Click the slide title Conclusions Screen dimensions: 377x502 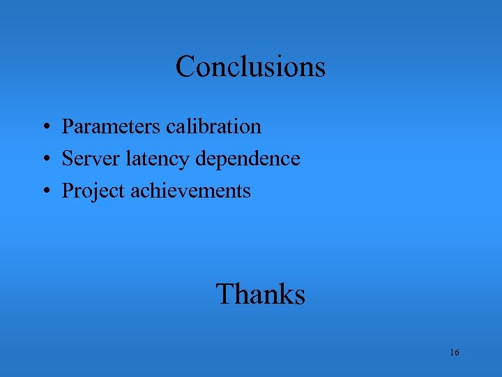pos(250,67)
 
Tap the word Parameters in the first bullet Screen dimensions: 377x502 pos(112,126)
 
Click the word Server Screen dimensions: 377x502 pos(91,158)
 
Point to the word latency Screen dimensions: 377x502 pos(158,159)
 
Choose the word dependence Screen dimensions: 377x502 pos(248,158)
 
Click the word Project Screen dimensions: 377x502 pos(93,191)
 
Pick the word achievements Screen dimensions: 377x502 pos(190,191)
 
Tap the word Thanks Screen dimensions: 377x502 pos(260,294)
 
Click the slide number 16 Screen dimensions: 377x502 pos(454,353)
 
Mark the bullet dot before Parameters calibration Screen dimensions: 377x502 pos(44,128)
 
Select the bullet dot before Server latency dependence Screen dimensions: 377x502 pos(44,160)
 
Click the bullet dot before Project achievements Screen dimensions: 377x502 pos(44,192)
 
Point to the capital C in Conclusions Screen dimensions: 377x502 pos(185,67)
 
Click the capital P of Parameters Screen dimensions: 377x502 pos(68,126)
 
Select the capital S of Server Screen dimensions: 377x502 pos(68,158)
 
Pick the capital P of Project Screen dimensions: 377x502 pos(68,191)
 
